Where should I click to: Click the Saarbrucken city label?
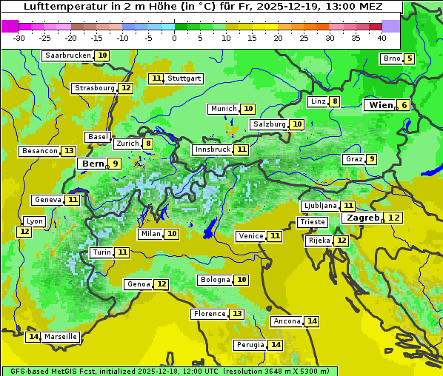tap(68, 56)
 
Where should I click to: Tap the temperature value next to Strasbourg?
tap(126, 88)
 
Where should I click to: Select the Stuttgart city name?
tap(184, 78)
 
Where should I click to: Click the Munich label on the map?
tap(223, 109)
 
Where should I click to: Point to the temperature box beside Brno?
tap(409, 59)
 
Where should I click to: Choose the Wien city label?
tap(382, 106)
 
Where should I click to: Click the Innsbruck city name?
tap(213, 150)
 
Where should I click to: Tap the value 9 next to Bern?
tap(115, 164)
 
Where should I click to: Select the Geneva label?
tap(48, 200)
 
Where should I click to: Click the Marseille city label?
tap(61, 337)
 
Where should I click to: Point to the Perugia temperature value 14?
tap(276, 345)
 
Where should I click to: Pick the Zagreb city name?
tap(362, 218)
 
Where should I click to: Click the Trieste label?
tap(312, 222)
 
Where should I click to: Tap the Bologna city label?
tap(215, 280)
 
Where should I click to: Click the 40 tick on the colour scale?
tap(382, 38)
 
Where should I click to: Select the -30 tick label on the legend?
tap(19, 38)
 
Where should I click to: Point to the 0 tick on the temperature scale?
tap(175, 38)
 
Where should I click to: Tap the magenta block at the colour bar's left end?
tap(10, 26)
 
